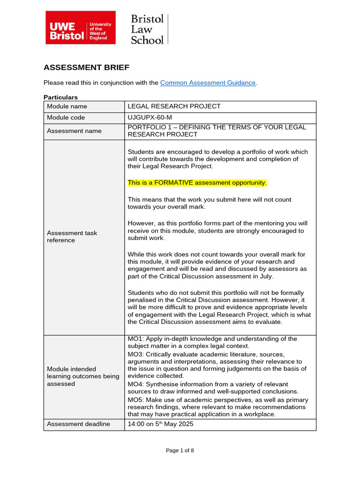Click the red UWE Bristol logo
(80, 28)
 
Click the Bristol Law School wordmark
(147, 29)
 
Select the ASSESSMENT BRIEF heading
(86, 67)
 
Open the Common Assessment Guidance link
(208, 83)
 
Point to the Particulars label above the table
(60, 97)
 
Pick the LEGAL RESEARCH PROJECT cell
(174, 106)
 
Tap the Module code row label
(66, 118)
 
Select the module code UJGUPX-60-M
(153, 118)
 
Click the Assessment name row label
(74, 131)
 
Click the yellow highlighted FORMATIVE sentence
(197, 183)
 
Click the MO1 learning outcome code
(135, 339)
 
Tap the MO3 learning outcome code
(135, 354)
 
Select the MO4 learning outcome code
(135, 384)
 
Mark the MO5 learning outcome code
(135, 400)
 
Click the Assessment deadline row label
(78, 424)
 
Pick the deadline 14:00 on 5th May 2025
(160, 424)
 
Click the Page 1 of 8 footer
(180, 450)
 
